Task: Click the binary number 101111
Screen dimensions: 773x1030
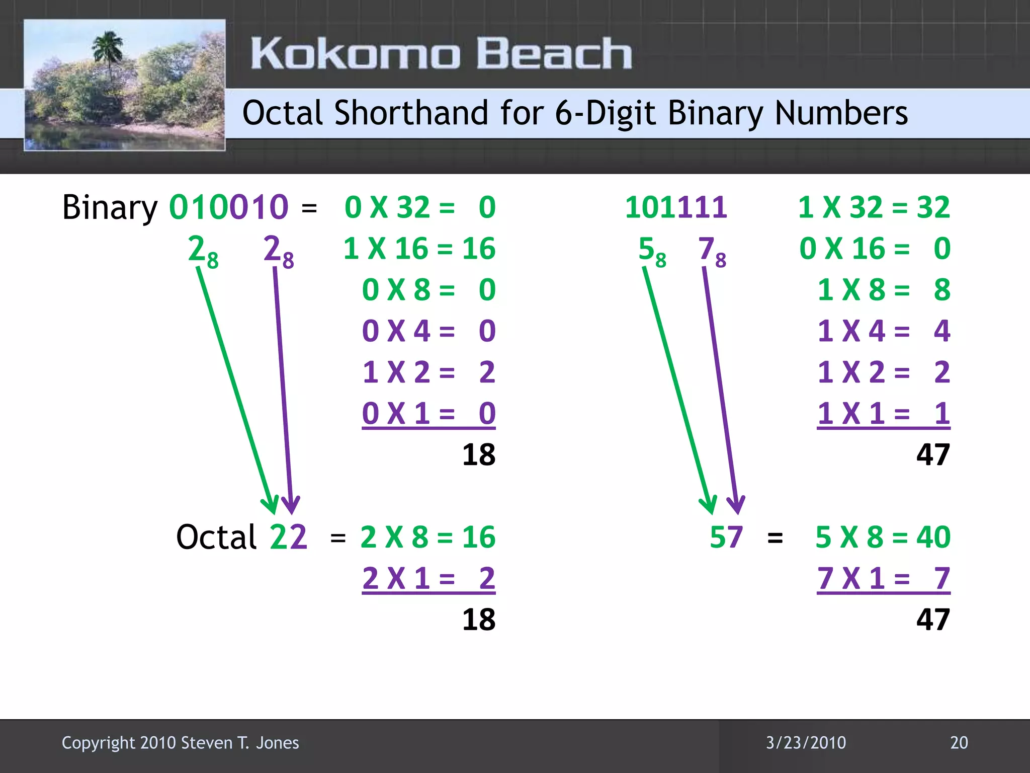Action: (x=676, y=207)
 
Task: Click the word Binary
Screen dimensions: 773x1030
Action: (x=110, y=207)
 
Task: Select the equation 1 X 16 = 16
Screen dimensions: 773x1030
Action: (x=419, y=249)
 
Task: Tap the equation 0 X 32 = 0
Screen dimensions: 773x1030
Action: (x=420, y=207)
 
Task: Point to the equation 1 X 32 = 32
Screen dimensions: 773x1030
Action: (x=874, y=207)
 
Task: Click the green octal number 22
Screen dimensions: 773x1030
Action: (x=288, y=537)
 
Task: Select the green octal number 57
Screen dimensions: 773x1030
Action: (x=726, y=537)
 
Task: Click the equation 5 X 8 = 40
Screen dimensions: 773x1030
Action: (x=883, y=537)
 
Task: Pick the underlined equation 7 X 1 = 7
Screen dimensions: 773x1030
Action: (x=883, y=578)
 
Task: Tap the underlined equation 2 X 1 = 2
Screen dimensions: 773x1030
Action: (x=428, y=578)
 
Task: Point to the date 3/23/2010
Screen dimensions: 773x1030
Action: (x=806, y=743)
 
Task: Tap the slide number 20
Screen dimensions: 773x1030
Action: (x=959, y=743)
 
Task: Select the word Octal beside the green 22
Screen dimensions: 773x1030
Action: (x=216, y=537)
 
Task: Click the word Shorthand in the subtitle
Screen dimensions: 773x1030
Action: (x=411, y=113)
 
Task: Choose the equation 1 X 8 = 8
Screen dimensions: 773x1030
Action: (x=884, y=290)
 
